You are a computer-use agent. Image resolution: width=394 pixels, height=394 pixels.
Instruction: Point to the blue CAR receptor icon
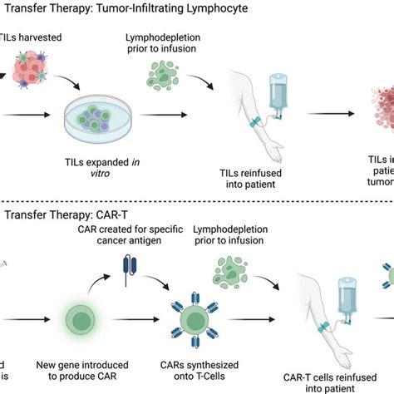click(125, 271)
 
